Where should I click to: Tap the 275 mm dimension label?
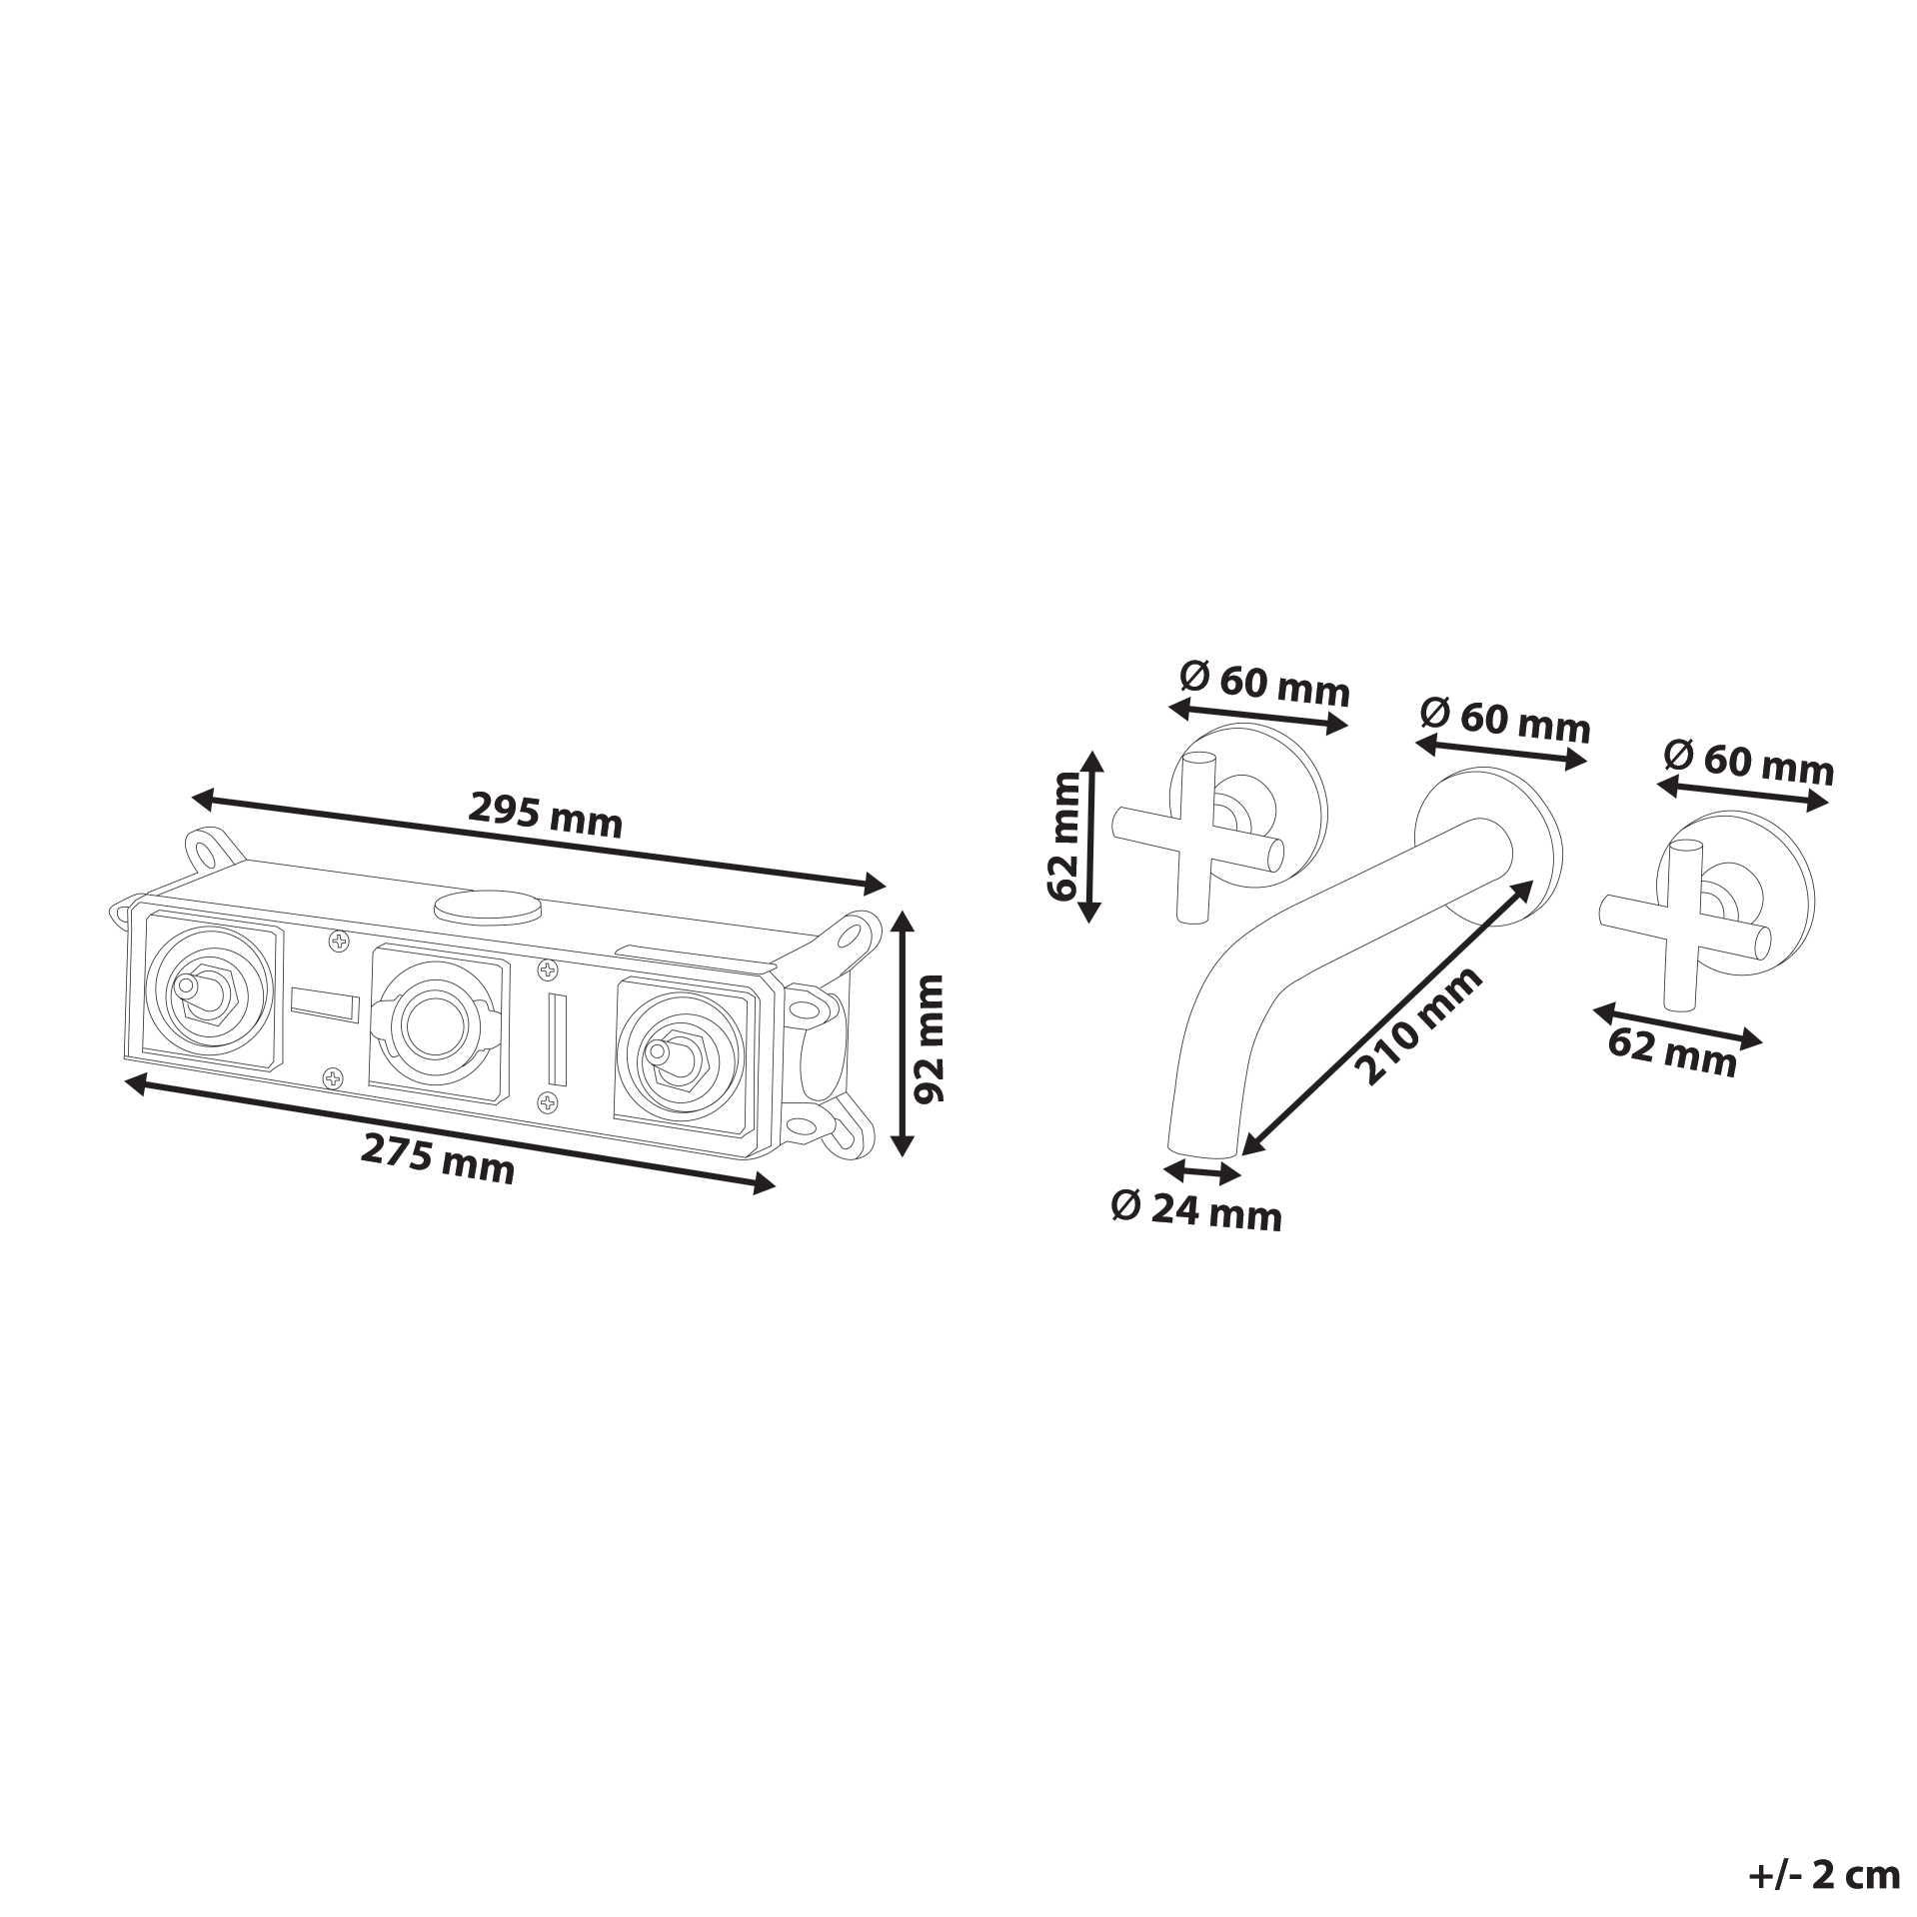[x=438, y=1159]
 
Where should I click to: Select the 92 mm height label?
[x=930, y=1039]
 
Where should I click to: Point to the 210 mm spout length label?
[x=1418, y=1024]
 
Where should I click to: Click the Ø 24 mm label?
[x=1196, y=1212]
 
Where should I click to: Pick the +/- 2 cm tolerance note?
[x=1824, y=1875]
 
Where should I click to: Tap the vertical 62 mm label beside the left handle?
[x=1065, y=836]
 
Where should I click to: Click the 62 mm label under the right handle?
[x=1672, y=1051]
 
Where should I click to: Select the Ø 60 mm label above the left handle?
[x=1265, y=684]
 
